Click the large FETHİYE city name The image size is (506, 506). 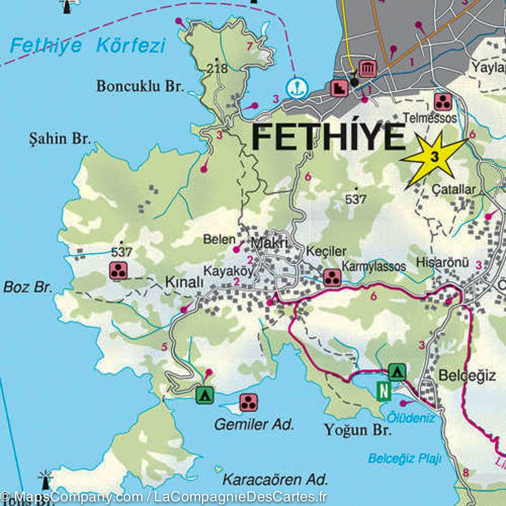[x=328, y=137]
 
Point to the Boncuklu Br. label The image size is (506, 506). [x=140, y=86]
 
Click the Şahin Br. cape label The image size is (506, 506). [x=60, y=138]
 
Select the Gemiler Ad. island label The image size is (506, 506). [x=254, y=424]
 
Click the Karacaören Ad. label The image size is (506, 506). [x=275, y=479]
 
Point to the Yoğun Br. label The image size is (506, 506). [x=358, y=430]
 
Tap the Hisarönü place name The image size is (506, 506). [x=442, y=262]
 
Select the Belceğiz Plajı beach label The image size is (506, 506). [x=404, y=458]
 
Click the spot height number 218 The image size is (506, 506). [x=218, y=68]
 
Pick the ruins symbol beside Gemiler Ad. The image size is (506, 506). [x=249, y=403]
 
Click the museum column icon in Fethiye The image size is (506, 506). [x=367, y=68]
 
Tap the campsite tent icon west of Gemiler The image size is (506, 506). [x=205, y=395]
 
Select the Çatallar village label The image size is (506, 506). [x=454, y=190]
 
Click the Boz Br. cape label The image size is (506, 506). [x=28, y=288]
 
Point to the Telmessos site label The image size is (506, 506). [x=430, y=118]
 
